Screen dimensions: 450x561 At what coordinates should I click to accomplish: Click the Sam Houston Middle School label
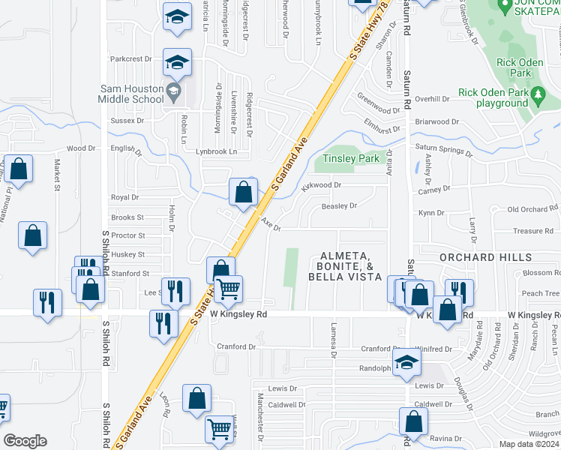[132, 93]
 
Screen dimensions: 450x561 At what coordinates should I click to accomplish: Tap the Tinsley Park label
[350, 159]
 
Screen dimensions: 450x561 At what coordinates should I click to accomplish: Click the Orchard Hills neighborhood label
[478, 257]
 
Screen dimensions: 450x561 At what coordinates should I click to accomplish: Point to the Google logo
[25, 441]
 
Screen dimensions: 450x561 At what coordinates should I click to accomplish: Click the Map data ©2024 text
[529, 444]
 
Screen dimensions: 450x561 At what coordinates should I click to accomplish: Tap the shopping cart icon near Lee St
[228, 289]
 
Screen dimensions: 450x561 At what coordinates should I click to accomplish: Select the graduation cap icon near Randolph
[406, 364]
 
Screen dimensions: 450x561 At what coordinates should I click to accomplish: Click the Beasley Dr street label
[339, 205]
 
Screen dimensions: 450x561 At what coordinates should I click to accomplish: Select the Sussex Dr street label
[127, 121]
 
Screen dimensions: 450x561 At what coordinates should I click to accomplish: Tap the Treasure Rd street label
[532, 231]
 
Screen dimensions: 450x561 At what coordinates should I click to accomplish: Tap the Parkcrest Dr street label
[131, 58]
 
